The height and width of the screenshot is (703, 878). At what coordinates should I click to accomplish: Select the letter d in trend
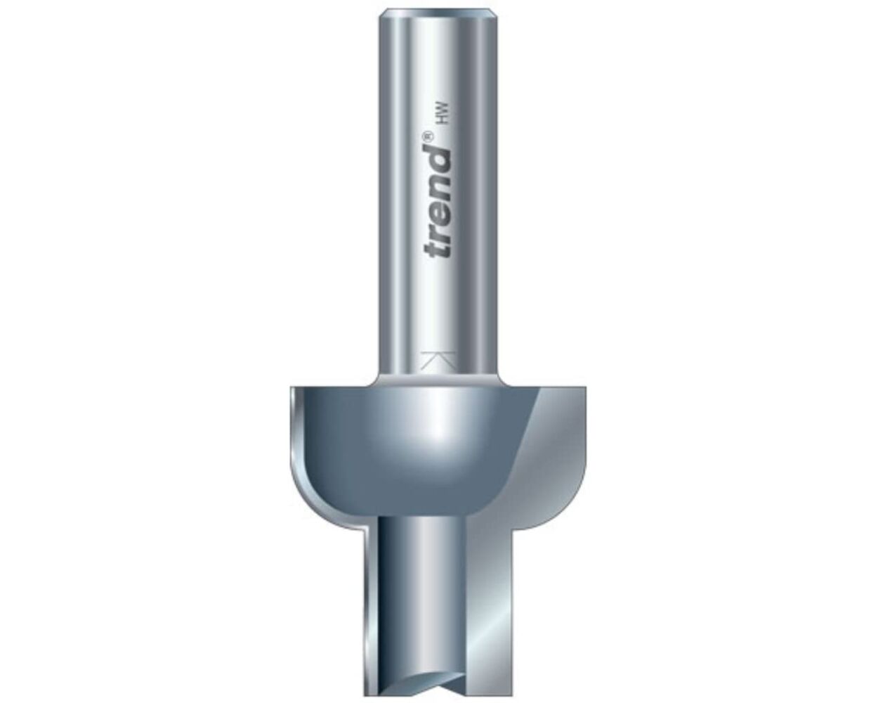(438, 159)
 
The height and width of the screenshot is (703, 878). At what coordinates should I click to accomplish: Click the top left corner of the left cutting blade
(290, 388)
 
